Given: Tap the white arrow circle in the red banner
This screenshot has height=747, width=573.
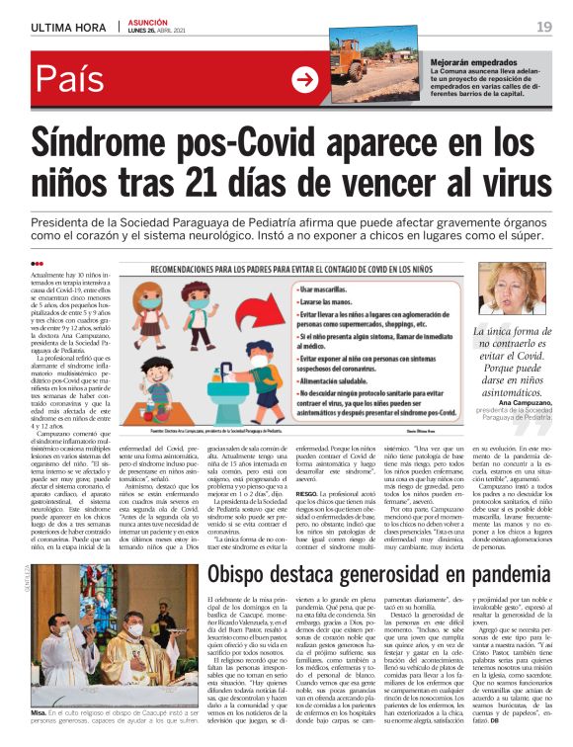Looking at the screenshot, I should coord(305,82).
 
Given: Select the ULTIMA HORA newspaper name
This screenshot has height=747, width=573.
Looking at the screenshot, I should coord(69,26).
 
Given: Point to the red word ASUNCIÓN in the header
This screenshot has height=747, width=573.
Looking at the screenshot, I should coord(147,22).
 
